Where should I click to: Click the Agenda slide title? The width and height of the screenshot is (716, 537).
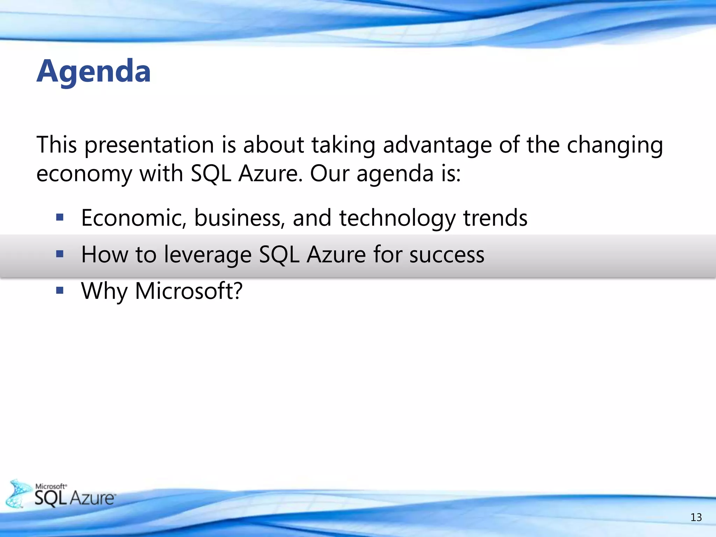coord(94,72)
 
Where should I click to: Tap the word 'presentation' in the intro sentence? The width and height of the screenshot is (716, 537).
coord(149,145)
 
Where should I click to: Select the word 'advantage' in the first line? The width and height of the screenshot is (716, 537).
coord(437,145)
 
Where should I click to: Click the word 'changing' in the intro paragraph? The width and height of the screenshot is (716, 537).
coord(615,145)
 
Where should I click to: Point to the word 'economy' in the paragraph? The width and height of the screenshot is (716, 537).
coord(84,174)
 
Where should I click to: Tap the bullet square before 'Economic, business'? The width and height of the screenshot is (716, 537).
coord(60,218)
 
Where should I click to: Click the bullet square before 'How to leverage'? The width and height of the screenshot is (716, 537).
coord(60,254)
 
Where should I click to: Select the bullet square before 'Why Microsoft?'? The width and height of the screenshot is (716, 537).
coord(60,290)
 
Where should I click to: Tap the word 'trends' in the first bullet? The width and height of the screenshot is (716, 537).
coord(495,218)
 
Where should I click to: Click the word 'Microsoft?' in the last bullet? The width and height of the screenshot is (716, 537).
coord(189,291)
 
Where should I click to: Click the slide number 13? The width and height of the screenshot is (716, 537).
coord(696,517)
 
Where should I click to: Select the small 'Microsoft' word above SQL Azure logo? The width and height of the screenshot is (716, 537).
coord(50,486)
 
